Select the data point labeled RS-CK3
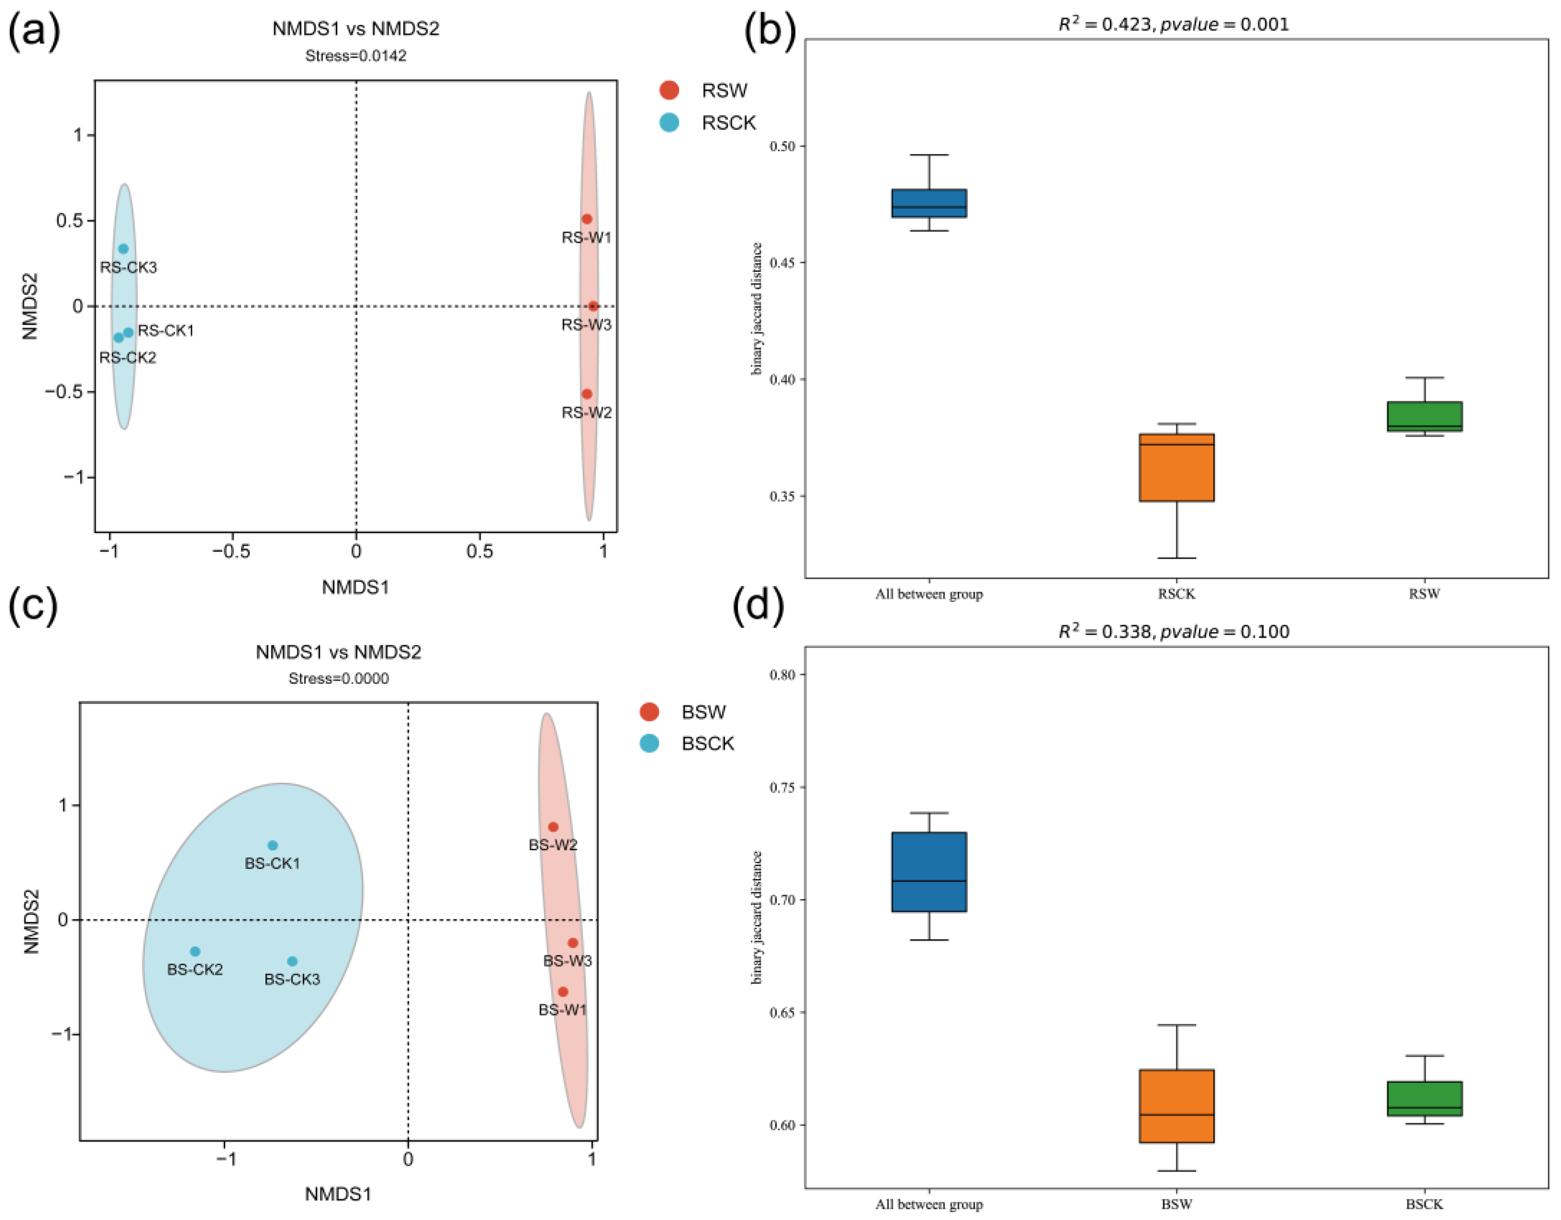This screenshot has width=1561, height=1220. pos(123,249)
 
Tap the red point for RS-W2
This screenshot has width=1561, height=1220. pos(587,394)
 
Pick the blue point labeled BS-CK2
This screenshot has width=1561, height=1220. pos(195,951)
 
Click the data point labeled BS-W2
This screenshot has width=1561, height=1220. pos(553,827)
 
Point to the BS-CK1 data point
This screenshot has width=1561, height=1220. pos(272,846)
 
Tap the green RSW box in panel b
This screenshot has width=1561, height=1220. pos(1425,417)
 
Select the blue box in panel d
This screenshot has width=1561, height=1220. pos(929,872)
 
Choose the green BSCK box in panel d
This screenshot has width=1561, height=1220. pos(1425,1099)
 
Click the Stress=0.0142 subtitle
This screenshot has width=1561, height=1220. pos(356,56)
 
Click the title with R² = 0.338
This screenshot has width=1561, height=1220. pos(1174,632)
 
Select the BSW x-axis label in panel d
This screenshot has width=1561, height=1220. pos(1176,1204)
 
